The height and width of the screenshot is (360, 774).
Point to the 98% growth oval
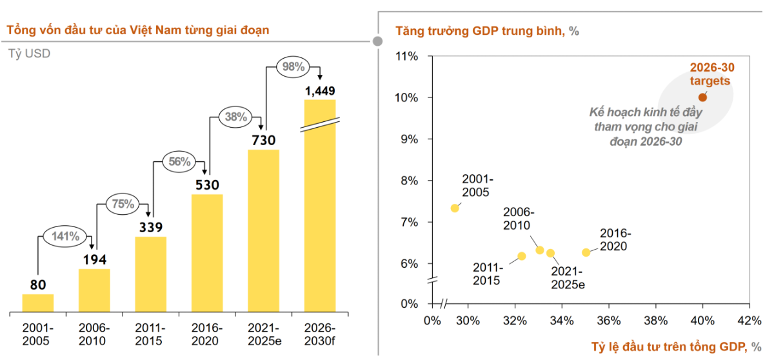click(x=293, y=67)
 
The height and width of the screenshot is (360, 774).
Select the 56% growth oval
click(x=179, y=162)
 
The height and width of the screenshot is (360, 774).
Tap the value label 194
click(x=94, y=260)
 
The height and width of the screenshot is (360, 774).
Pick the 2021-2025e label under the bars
click(x=263, y=334)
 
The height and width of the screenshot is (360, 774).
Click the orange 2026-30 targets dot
click(x=702, y=97)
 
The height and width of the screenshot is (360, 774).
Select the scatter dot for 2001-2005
click(x=455, y=208)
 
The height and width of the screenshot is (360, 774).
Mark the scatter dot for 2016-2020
click(x=586, y=252)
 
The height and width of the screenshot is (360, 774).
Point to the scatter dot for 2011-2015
click(x=522, y=256)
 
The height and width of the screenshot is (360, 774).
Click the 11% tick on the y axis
click(x=407, y=56)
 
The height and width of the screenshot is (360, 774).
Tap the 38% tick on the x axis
click(x=656, y=321)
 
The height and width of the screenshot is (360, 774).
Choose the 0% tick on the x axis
click(x=432, y=321)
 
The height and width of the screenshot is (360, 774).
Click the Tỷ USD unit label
click(x=29, y=54)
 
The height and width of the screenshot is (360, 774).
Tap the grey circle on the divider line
click(x=378, y=41)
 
